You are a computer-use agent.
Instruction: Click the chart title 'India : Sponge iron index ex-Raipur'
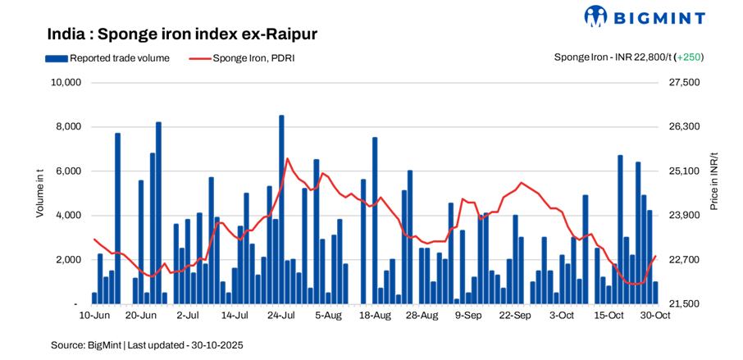(x=182, y=34)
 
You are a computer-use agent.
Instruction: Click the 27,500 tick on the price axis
(x=686, y=83)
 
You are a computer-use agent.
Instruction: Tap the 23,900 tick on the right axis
(x=686, y=216)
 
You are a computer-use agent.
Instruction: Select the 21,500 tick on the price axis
(x=686, y=304)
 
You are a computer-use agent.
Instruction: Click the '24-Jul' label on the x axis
(x=281, y=315)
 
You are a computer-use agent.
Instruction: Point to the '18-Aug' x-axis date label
(x=375, y=315)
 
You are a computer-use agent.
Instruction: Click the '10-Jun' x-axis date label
(x=94, y=315)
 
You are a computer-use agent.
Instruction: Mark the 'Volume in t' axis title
(x=39, y=193)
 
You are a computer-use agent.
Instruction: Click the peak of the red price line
(x=286, y=158)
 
